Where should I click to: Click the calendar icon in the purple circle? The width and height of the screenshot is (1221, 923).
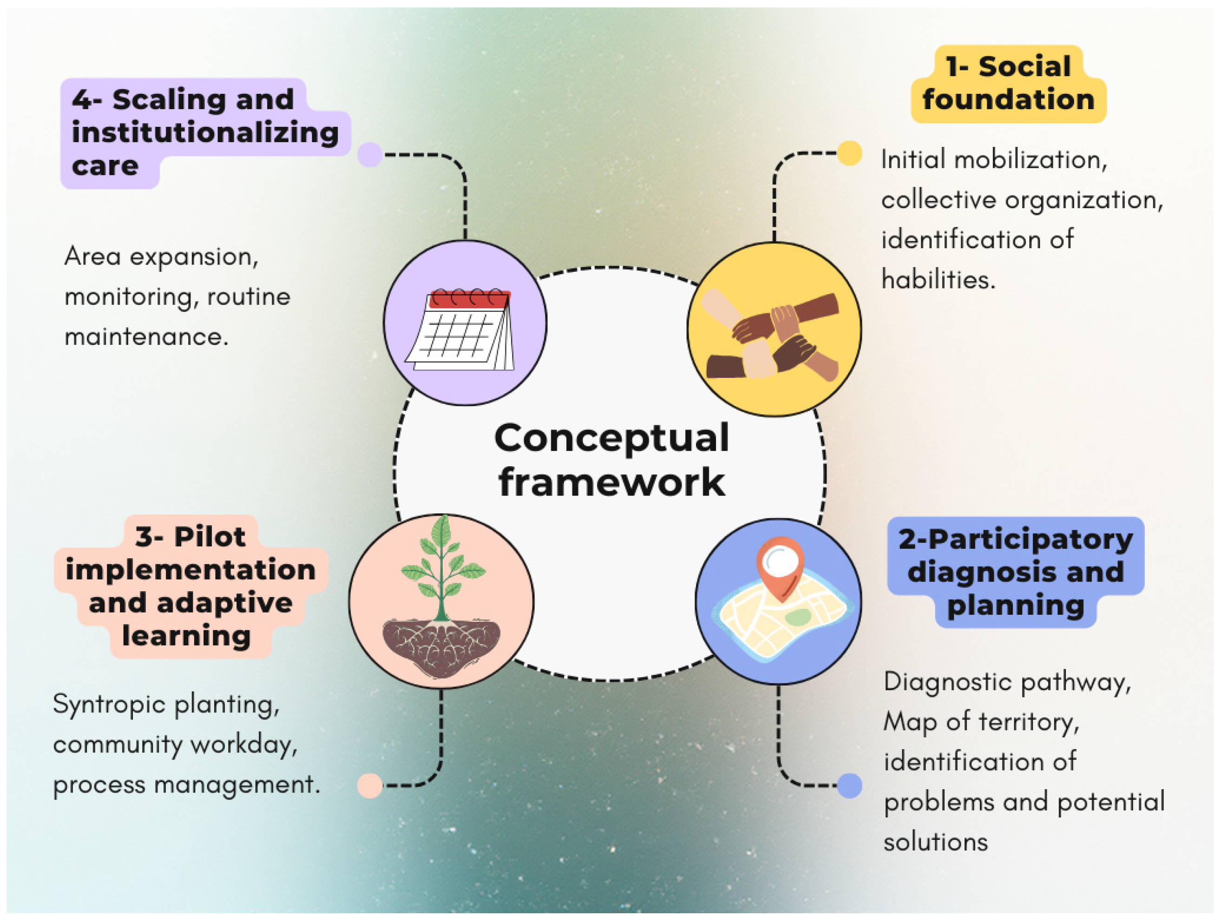463,331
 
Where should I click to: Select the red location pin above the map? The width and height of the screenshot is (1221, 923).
780,565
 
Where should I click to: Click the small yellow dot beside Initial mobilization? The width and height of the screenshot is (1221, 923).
849,153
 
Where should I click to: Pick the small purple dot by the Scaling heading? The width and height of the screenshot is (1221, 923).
369,155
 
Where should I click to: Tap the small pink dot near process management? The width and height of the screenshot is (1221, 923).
369,785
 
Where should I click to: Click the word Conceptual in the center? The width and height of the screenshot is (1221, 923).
611,438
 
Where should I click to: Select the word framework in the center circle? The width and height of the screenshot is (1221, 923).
611,482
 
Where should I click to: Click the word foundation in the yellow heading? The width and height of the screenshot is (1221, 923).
1008,100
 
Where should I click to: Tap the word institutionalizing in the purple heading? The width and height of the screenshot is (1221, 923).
205,133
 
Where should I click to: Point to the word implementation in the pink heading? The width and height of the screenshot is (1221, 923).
190,570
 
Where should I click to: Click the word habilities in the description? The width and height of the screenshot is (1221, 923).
938,279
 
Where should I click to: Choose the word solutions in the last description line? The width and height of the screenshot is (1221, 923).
935,842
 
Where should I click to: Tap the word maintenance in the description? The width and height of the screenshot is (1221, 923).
146,337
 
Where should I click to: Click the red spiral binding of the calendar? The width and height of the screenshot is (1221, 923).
470,298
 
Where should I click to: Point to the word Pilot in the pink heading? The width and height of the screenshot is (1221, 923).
209,537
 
